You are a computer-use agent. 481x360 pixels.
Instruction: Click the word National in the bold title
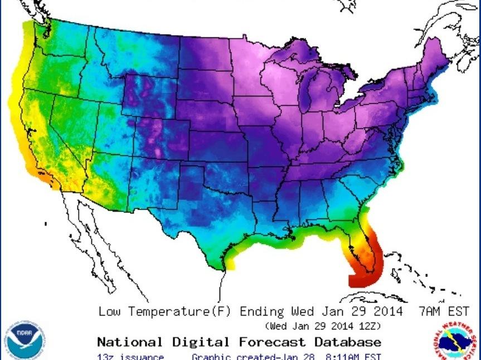pos(130,342)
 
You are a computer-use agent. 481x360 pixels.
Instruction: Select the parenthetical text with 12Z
pos(323,326)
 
